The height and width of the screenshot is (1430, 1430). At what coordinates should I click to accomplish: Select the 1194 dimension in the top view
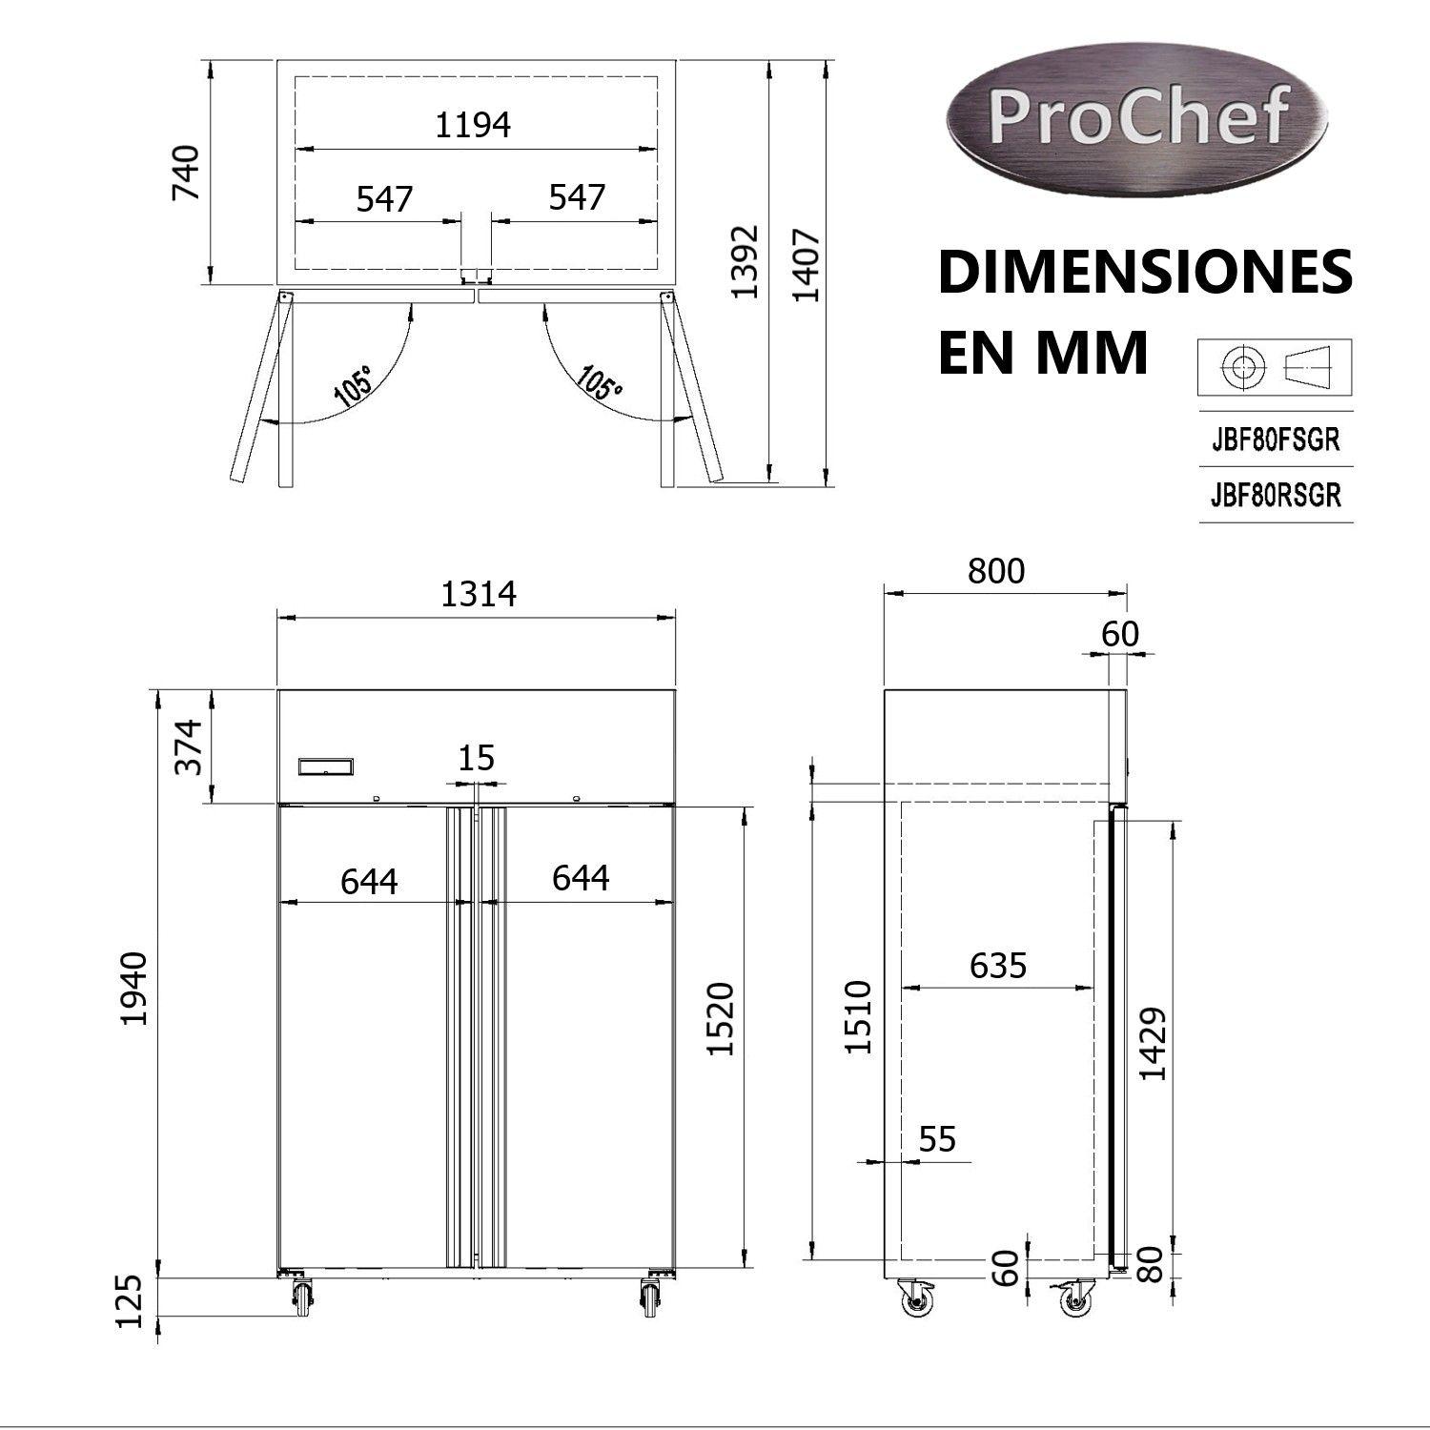pos(473,125)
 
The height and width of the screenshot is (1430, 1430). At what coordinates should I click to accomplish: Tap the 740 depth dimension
pos(185,172)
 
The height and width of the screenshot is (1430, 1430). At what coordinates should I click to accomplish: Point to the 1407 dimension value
pos(807,264)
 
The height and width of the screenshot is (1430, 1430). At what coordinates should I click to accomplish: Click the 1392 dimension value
pos(745,261)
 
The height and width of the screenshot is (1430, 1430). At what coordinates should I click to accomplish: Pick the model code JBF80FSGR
pos(1275,440)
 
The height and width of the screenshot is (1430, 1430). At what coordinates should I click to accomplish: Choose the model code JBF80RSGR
pos(1275,496)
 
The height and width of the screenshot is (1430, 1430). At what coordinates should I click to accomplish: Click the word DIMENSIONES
pos(1144,274)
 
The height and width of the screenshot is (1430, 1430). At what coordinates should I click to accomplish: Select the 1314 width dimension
pos(478,594)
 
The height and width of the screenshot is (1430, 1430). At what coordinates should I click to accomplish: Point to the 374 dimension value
pos(189,746)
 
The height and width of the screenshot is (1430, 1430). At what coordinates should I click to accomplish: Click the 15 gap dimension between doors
pos(476,759)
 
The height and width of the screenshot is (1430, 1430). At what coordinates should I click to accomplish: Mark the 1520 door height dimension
pos(722,1017)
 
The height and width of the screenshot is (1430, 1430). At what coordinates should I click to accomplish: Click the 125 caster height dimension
pos(129,1299)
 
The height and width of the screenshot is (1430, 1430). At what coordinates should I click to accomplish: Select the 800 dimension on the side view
pos(995,571)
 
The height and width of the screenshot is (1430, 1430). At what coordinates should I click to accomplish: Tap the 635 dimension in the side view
pos(997,966)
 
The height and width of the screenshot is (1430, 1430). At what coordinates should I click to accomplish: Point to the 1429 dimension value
pos(1154,1043)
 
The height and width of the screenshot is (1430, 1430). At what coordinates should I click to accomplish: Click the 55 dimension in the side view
pos(937,1139)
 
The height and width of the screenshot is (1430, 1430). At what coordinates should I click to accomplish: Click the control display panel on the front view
pos(326,766)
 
